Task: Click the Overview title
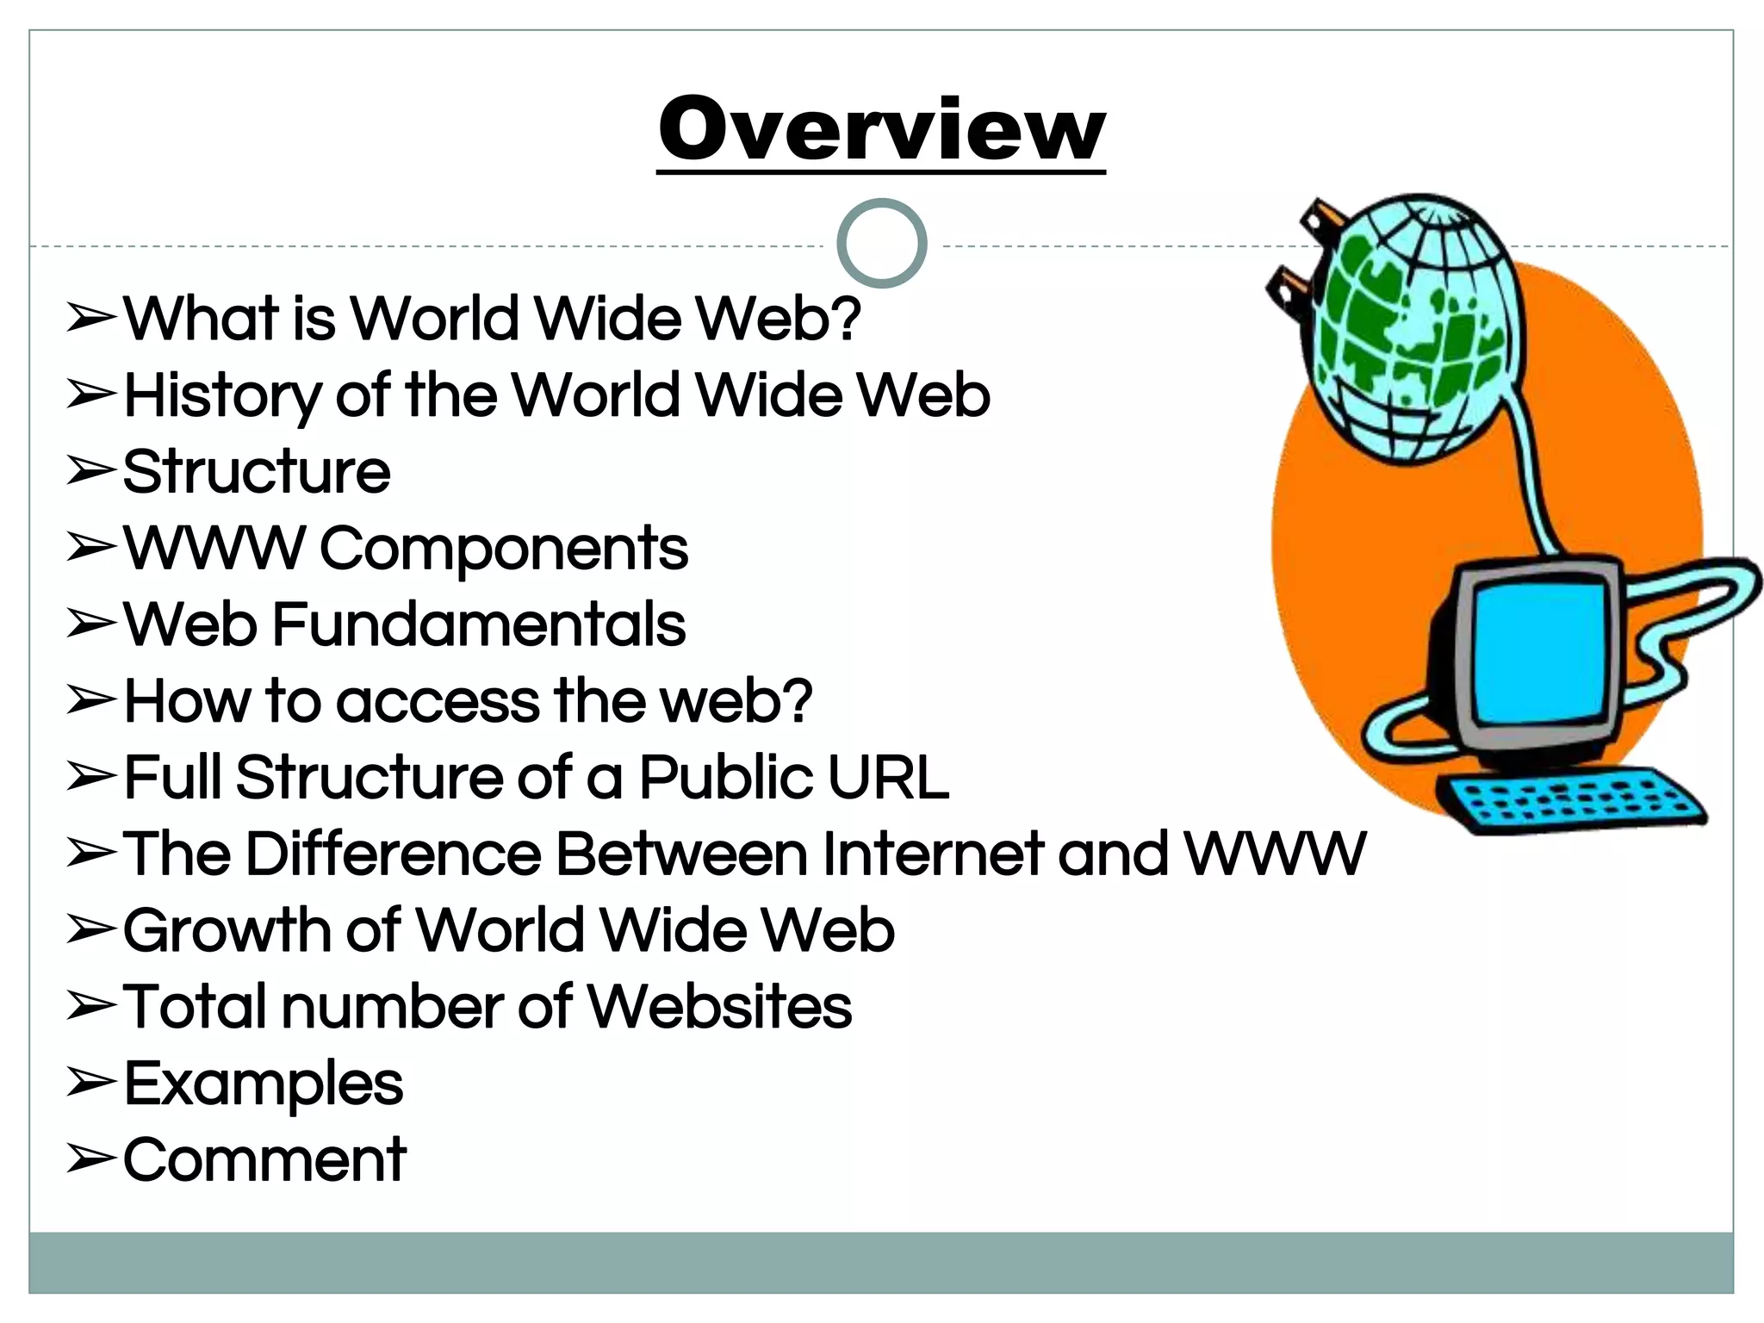881,129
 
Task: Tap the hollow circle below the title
881,243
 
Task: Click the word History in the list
221,396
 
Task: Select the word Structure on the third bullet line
257,472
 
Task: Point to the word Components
504,549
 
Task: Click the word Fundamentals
479,624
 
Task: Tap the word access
438,701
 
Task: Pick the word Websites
719,1006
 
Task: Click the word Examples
264,1084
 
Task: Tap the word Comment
264,1159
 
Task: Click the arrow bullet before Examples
90,1083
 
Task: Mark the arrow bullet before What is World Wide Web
90,318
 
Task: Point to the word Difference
394,854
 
